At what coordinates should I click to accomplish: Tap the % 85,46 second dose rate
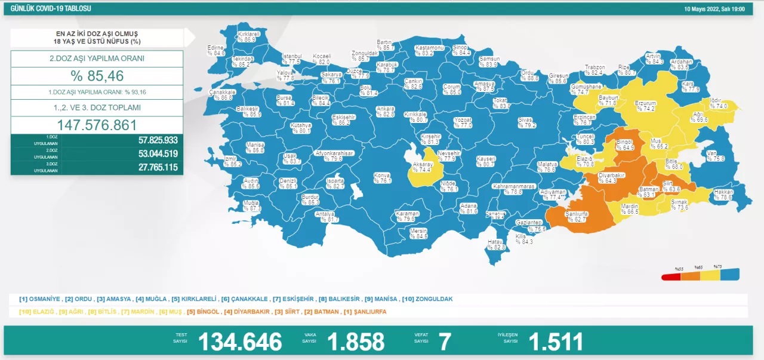click(97, 76)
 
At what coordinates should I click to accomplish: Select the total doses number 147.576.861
click(97, 125)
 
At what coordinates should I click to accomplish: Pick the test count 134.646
click(239, 341)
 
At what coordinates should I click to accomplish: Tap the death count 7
click(444, 341)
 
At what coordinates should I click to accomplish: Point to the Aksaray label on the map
click(423, 166)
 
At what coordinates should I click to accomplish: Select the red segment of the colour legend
click(671, 276)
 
